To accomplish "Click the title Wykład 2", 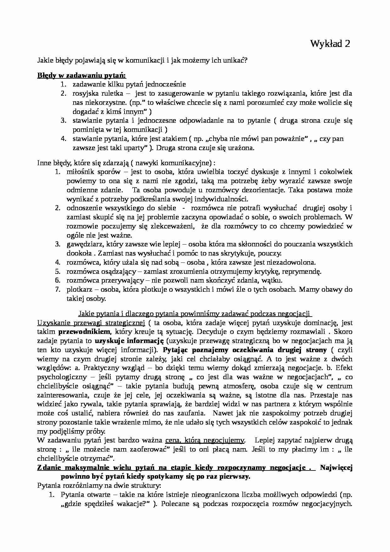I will coord(330,44).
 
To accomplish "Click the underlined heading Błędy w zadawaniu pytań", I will coord(81,76).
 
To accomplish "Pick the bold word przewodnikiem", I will coord(85,332).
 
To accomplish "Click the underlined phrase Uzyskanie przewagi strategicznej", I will coord(91,323).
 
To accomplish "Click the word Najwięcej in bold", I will coord(336,468).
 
